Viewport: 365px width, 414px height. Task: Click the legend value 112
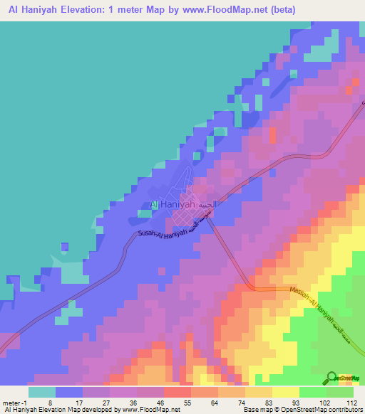(x=349, y=402)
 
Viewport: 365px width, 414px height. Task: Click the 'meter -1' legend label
(x=16, y=402)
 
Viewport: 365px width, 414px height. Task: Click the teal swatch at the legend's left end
(x=42, y=392)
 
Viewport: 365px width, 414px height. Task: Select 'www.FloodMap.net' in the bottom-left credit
(x=150, y=410)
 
